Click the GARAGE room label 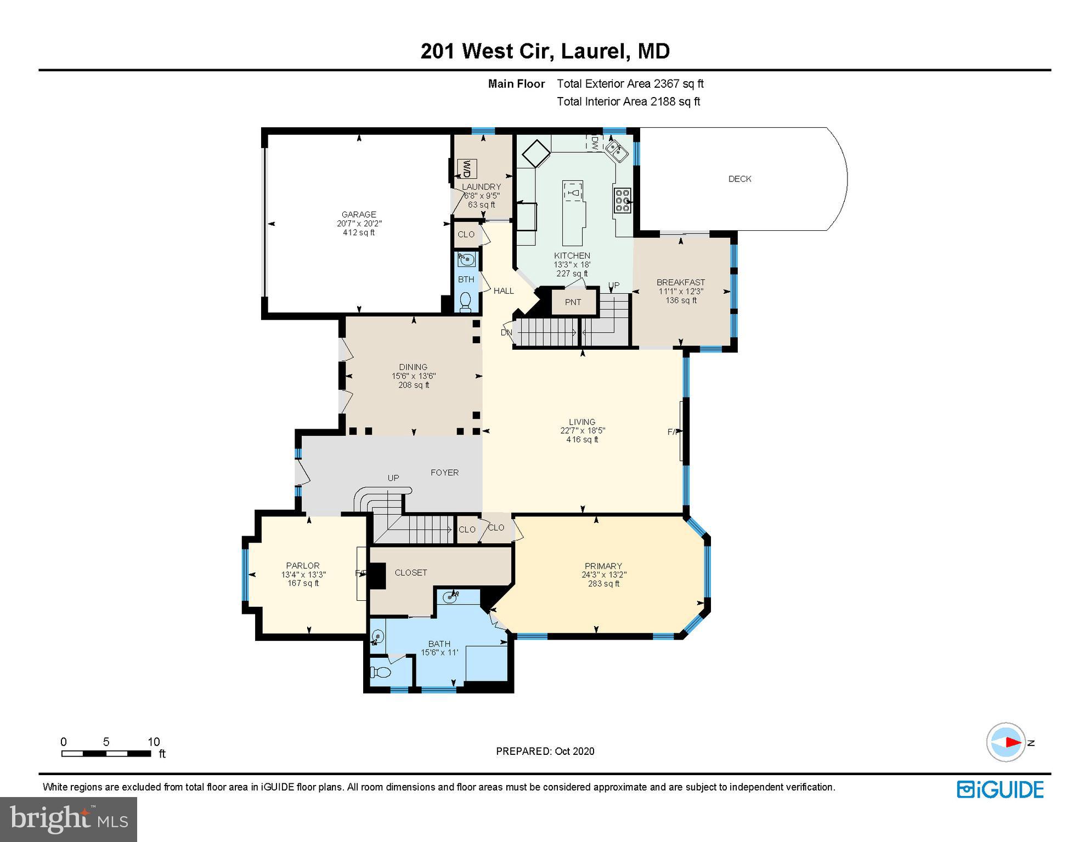[x=359, y=214]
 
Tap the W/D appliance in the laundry [x=467, y=169]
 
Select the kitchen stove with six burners [x=622, y=200]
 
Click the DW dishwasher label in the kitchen [x=595, y=143]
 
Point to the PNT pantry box [x=573, y=302]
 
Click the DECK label [x=739, y=179]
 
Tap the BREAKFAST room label [x=681, y=282]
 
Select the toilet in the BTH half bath [x=466, y=300]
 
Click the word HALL [x=504, y=291]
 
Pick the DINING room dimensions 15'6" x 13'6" [x=414, y=376]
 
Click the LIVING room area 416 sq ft [x=582, y=440]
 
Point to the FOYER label [x=444, y=472]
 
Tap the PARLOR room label [x=303, y=565]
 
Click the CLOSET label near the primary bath [x=411, y=572]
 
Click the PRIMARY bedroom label [x=603, y=566]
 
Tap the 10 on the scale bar [x=154, y=742]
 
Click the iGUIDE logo [x=1000, y=789]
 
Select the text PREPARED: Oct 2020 [x=545, y=751]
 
